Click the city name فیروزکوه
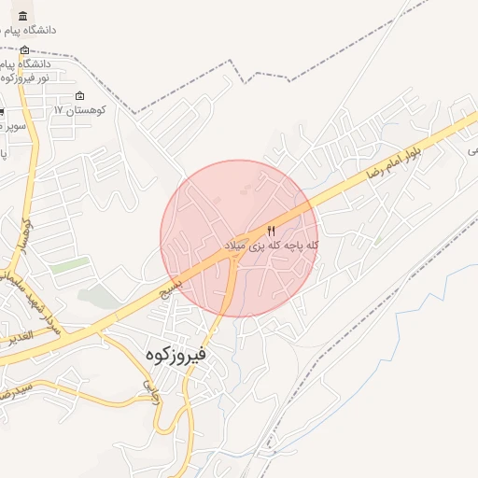(176, 356)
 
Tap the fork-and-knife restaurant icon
(272, 231)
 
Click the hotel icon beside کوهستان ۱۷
(79, 96)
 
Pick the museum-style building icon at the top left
(22, 17)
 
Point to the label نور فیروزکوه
(21, 77)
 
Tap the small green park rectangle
(67, 266)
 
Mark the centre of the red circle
(240, 238)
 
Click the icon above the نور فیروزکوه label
(23, 50)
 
